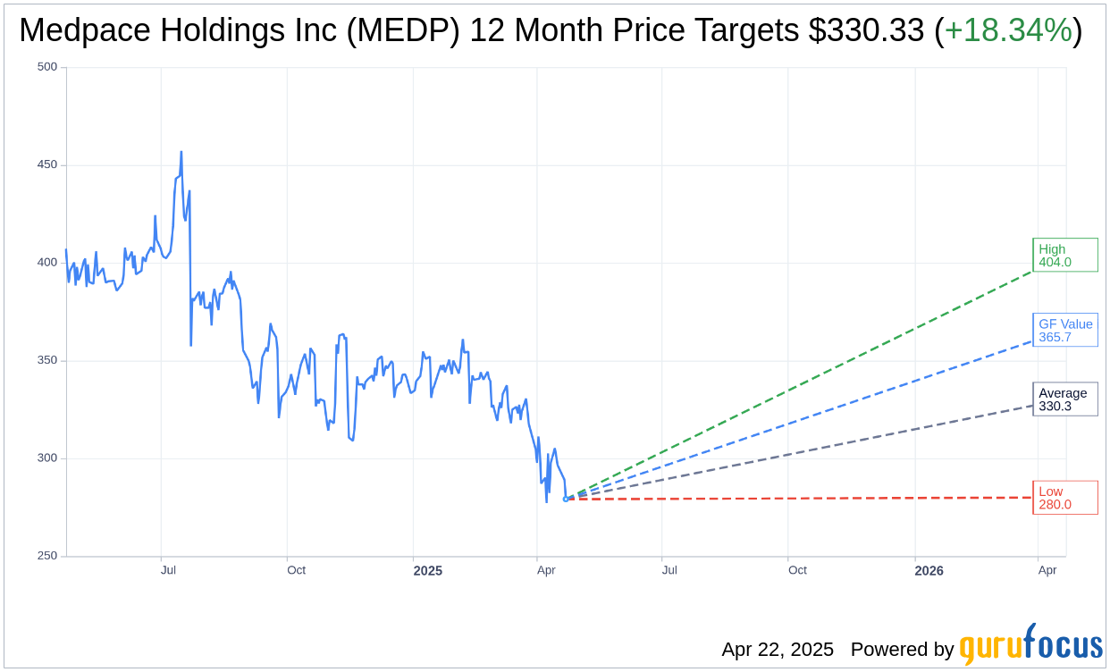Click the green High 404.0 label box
point(1064,256)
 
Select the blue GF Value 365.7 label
point(1065,331)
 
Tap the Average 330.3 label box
point(1064,399)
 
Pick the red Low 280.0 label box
point(1064,498)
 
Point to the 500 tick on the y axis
point(47,67)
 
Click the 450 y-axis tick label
point(47,164)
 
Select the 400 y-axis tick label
point(47,263)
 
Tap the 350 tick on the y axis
point(47,360)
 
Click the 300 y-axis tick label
point(47,458)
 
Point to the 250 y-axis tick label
point(47,556)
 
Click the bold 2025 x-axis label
point(427,571)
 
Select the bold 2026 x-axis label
point(929,571)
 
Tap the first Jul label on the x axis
point(168,570)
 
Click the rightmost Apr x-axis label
point(1047,570)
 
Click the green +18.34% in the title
point(1008,31)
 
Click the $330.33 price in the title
point(865,31)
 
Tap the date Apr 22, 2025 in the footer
point(778,650)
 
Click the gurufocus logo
point(1030,646)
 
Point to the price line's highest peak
point(181,152)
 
